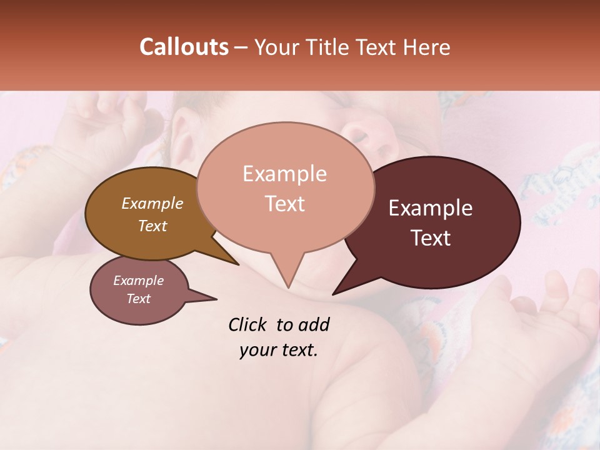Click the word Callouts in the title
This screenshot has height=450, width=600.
click(x=184, y=47)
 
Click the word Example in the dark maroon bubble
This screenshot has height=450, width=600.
click(x=431, y=208)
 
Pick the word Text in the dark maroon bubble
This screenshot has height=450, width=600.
click(x=431, y=238)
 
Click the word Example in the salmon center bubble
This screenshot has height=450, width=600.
click(x=284, y=174)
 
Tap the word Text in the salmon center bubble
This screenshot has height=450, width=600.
click(x=284, y=204)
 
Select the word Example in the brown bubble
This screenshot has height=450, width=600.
click(x=152, y=203)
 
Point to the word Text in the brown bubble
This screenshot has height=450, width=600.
click(x=152, y=226)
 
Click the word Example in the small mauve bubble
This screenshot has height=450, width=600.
click(x=139, y=281)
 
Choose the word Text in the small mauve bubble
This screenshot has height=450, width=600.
click(x=139, y=299)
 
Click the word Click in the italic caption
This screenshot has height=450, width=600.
click(x=248, y=324)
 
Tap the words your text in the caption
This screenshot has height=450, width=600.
click(x=279, y=350)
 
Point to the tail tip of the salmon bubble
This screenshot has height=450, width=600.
click(x=288, y=287)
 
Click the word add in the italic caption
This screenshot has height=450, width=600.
click(x=314, y=324)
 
